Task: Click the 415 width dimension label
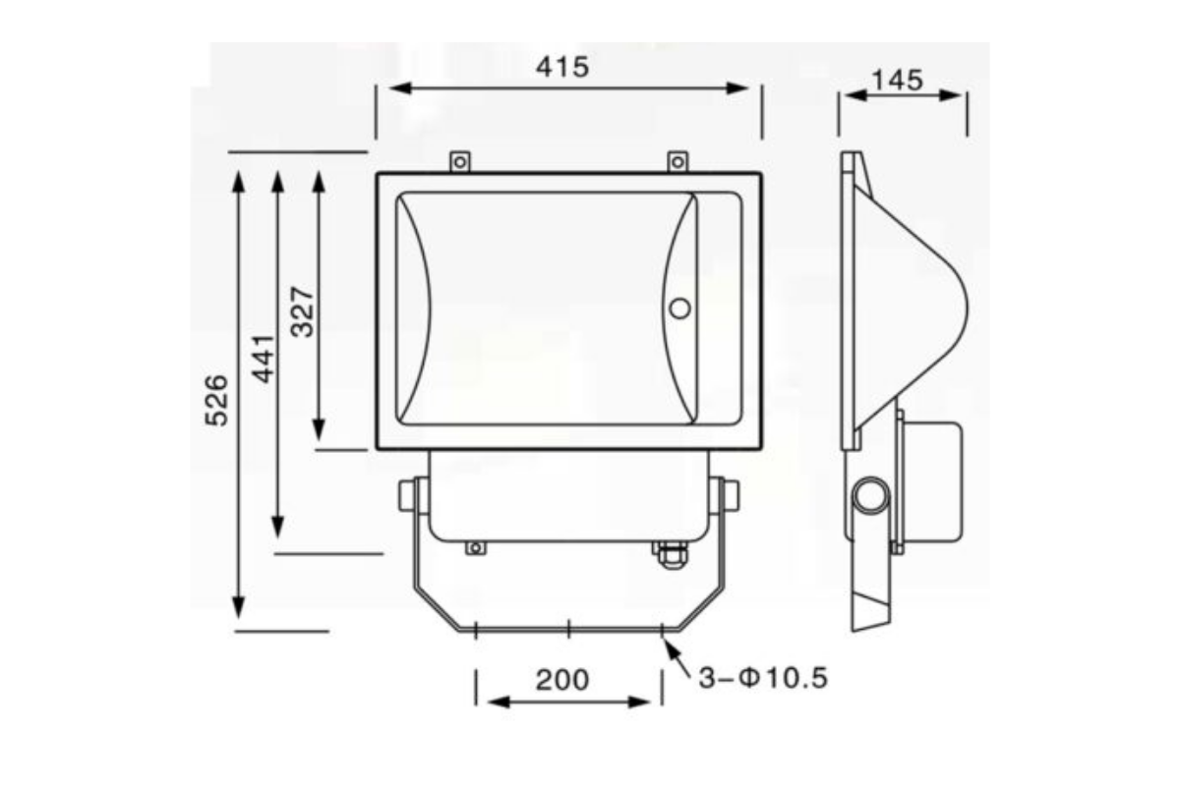562,68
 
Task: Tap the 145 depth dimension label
897,81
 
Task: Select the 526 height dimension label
216,400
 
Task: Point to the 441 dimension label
263,359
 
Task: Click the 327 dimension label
303,311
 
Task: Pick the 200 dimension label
562,680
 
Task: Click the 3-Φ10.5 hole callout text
763,678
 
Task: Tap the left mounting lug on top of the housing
460,162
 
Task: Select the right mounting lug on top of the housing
678,162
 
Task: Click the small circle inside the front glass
679,309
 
